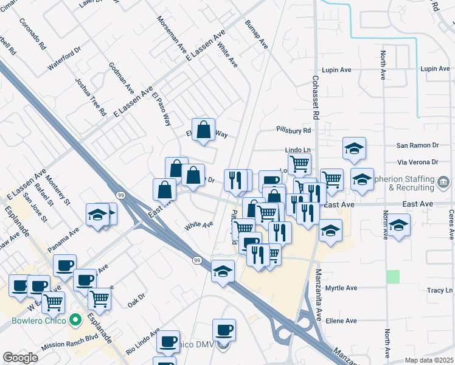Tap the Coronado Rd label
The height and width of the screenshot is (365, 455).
coord(33,34)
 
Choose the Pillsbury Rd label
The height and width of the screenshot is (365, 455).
coord(293,130)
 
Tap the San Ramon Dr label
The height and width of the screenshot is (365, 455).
coord(417,146)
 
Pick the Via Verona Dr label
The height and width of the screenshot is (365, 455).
coord(417,162)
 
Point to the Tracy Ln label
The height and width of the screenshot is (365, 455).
coord(435,291)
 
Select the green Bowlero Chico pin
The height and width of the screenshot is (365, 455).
coord(75,319)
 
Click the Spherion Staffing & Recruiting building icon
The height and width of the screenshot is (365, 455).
coord(443,181)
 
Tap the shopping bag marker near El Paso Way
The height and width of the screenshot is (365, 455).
coord(204,130)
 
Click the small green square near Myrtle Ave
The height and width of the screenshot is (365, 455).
coord(394,276)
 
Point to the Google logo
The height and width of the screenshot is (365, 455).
coord(21,358)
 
